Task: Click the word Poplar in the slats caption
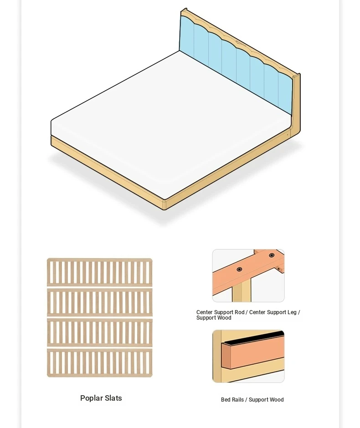click(x=91, y=398)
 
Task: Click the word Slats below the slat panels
click(x=113, y=398)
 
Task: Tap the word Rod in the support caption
click(x=240, y=312)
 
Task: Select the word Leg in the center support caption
click(x=291, y=312)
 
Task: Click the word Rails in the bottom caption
click(x=237, y=400)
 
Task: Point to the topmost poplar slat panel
click(x=100, y=272)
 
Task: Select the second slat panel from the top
click(x=100, y=302)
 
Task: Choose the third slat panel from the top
click(x=100, y=332)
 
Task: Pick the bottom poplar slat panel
click(x=100, y=363)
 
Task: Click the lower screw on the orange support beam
click(x=239, y=270)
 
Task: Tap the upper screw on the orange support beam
click(x=272, y=255)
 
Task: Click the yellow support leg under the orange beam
click(x=242, y=292)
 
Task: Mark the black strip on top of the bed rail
click(x=252, y=337)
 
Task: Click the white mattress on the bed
click(x=170, y=123)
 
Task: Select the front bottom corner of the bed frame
click(x=164, y=209)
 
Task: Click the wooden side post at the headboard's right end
click(x=296, y=105)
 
